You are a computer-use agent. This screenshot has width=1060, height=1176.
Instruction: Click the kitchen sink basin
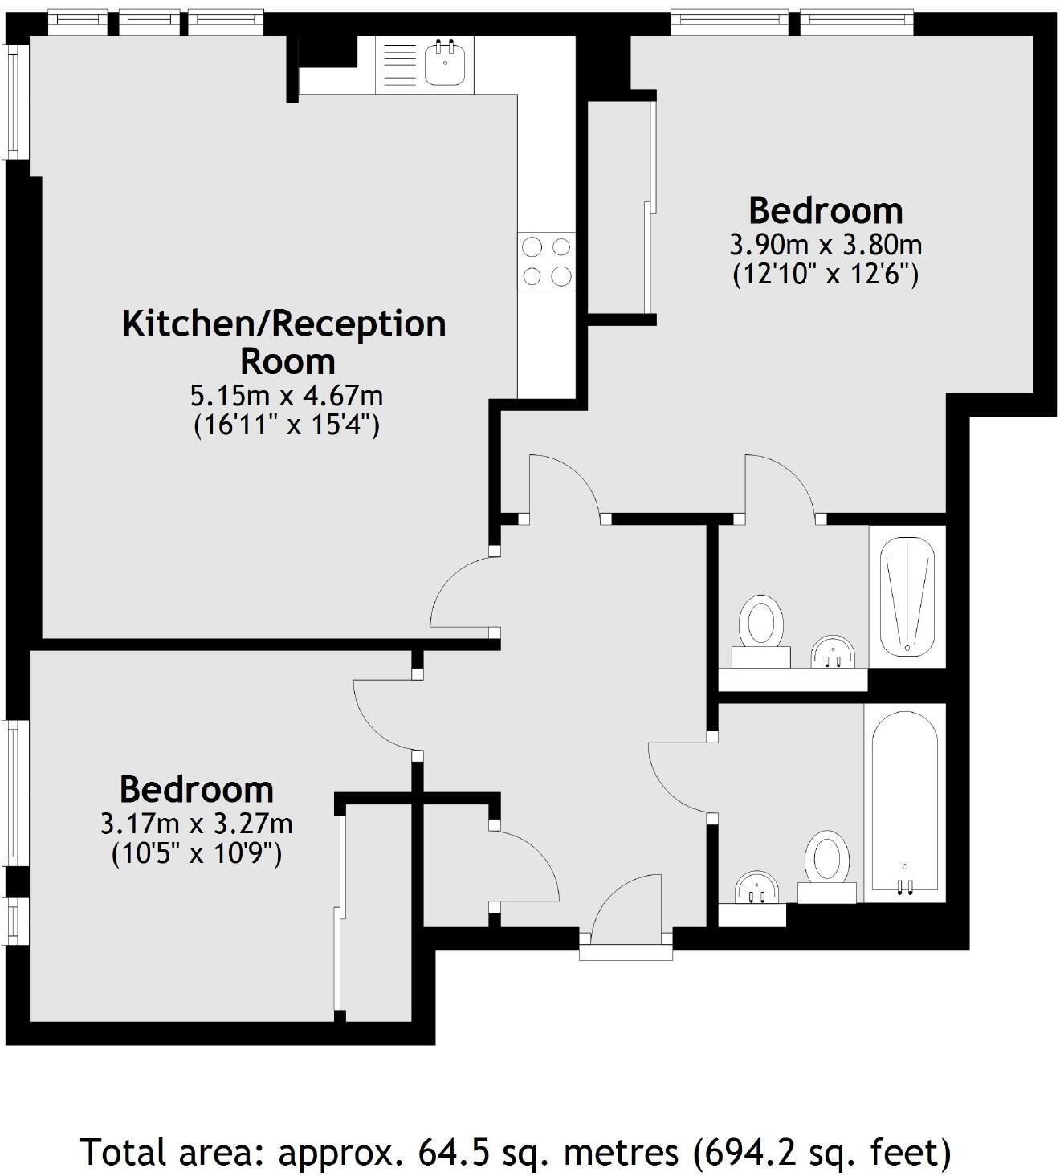click(x=443, y=63)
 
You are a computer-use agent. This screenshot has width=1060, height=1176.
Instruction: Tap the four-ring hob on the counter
click(x=547, y=261)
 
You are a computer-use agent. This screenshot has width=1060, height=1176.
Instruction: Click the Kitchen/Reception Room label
click(x=284, y=342)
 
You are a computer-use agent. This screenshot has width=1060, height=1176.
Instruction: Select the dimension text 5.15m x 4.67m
click(x=286, y=396)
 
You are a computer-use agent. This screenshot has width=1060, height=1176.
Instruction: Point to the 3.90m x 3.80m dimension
click(x=826, y=244)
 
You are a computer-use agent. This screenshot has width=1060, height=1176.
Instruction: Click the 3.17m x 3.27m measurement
click(x=196, y=824)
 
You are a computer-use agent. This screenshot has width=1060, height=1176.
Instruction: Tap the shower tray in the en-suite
click(x=907, y=597)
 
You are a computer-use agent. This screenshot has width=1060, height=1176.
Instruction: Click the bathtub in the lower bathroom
click(x=905, y=803)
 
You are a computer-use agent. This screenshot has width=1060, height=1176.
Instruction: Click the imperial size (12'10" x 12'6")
click(x=826, y=275)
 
